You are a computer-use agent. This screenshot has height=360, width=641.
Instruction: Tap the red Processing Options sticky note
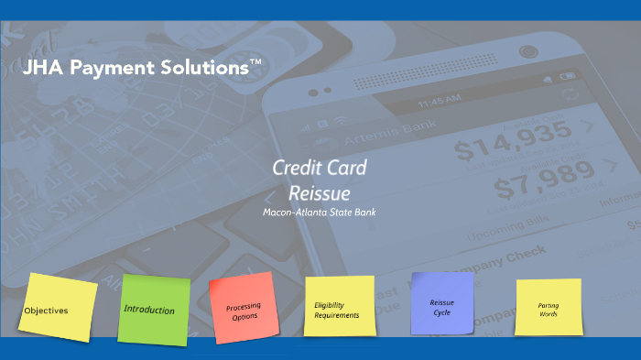[x=244, y=311]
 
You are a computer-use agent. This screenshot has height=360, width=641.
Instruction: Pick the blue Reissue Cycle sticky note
[x=442, y=306]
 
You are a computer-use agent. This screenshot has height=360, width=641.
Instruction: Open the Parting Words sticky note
[x=549, y=308]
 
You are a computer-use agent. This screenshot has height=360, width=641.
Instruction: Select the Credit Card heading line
[x=320, y=168]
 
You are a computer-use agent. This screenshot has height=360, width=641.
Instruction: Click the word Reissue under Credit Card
[x=320, y=192]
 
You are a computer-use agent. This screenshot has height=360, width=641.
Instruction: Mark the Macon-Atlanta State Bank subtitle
[x=320, y=212]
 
